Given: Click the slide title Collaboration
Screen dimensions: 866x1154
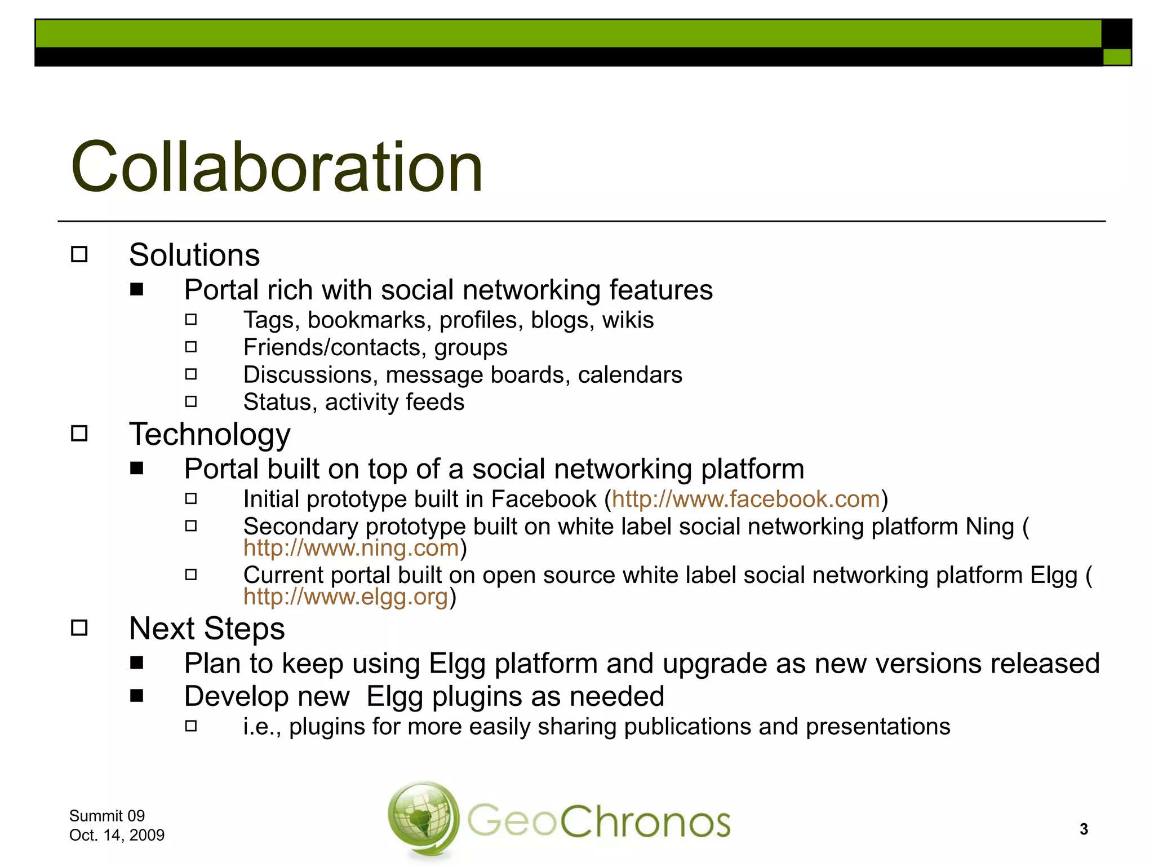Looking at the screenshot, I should [x=276, y=167].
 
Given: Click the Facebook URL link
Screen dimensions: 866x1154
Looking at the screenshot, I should [x=745, y=500].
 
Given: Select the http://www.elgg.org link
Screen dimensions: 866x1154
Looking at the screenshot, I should [x=345, y=597].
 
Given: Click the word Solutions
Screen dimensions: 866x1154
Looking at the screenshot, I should [x=194, y=255].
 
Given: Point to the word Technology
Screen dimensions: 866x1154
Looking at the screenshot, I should [x=210, y=434].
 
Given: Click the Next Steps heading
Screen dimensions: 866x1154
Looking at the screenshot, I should [x=207, y=628].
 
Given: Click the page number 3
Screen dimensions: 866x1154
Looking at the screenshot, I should [x=1084, y=829].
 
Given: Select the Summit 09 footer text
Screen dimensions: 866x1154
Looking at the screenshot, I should [x=107, y=816].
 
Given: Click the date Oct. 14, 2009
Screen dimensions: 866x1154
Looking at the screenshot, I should [x=117, y=835].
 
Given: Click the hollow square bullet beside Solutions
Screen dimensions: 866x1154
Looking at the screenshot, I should [x=79, y=255].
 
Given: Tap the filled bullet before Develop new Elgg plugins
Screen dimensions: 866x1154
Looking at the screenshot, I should [x=136, y=696].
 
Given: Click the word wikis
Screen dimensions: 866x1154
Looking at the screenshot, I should [x=628, y=320].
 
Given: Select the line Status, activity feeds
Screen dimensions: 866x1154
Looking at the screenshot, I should [x=353, y=402].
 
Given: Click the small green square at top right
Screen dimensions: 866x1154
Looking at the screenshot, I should [x=1116, y=57].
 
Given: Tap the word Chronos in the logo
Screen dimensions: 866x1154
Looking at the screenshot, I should [x=645, y=821].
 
